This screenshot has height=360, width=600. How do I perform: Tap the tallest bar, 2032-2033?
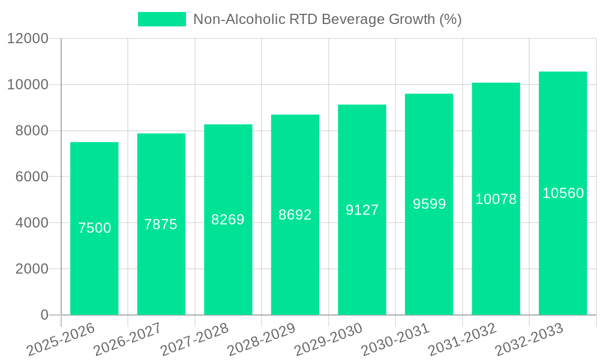tap(563, 252)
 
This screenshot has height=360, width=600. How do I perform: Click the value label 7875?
tap(161, 224)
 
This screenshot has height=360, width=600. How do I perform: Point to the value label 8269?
tap(228, 220)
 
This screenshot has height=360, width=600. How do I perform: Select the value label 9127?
tap(362, 210)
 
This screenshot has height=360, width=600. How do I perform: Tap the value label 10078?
tap(496, 199)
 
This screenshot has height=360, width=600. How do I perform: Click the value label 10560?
tap(563, 193)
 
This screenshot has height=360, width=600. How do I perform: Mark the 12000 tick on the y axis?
tap(28, 39)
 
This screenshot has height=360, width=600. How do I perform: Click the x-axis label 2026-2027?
tap(127, 338)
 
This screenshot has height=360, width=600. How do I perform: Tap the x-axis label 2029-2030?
tap(328, 338)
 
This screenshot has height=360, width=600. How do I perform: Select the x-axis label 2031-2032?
tap(462, 338)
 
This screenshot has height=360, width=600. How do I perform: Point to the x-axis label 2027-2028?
tap(194, 338)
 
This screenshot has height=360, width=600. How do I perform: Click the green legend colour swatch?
tap(162, 19)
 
